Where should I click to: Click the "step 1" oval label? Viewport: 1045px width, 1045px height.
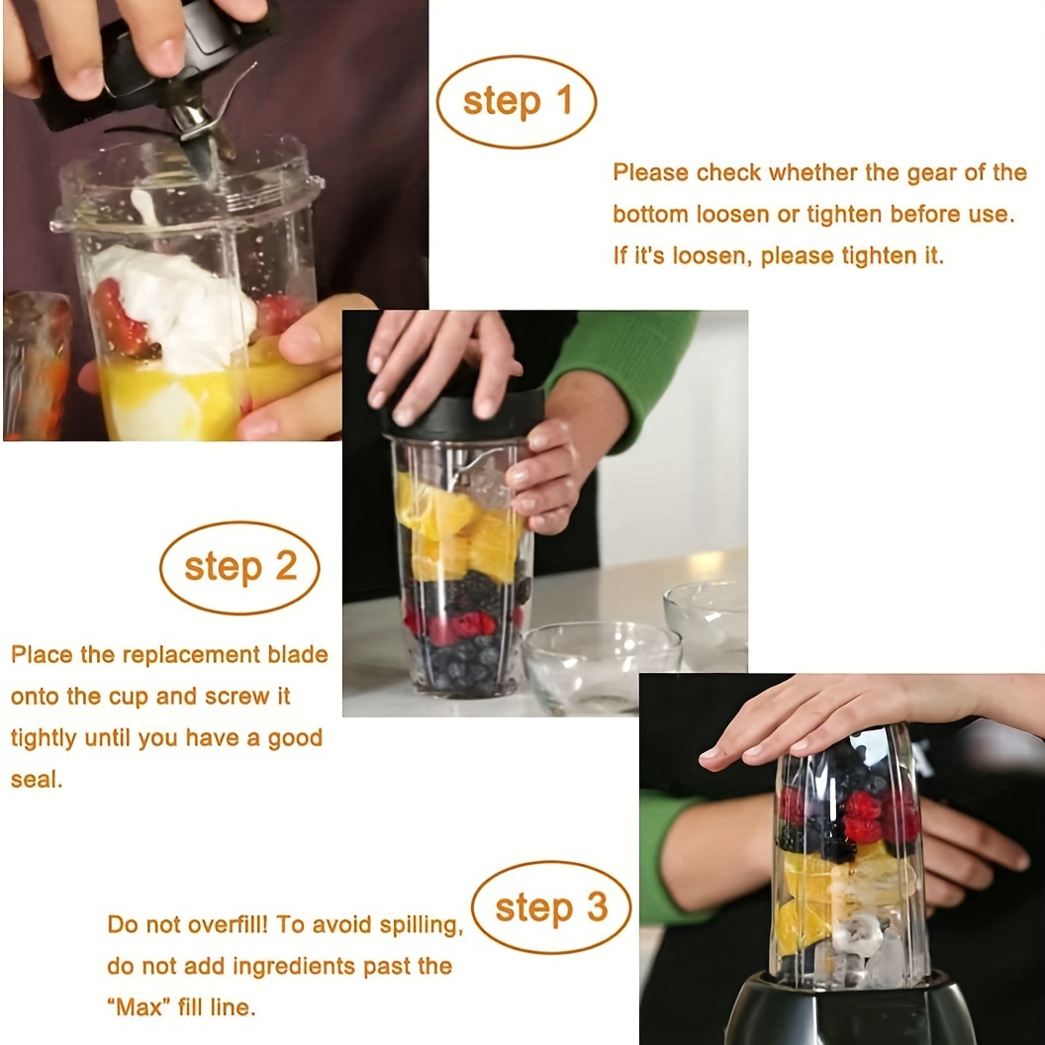[x=517, y=102]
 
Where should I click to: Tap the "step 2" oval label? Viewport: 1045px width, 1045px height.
[x=239, y=567]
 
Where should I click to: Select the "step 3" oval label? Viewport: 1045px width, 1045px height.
[x=551, y=907]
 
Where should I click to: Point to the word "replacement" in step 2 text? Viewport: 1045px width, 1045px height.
[x=192, y=654]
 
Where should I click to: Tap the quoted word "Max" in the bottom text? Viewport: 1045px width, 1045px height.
[x=140, y=1006]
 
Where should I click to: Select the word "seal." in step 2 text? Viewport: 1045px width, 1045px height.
[x=37, y=779]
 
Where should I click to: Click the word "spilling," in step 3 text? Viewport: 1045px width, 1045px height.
[x=421, y=925]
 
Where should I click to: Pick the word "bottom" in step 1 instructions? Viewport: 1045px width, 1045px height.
[x=650, y=215]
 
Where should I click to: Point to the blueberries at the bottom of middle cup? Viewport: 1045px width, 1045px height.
[x=463, y=663]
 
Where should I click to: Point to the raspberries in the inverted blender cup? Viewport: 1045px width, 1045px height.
[x=860, y=814]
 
